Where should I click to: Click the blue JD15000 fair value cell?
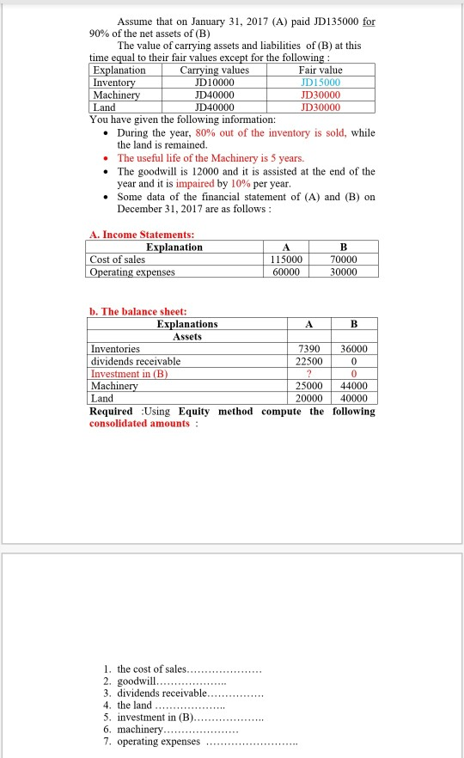click(x=321, y=83)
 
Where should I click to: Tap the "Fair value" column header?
click(x=321, y=70)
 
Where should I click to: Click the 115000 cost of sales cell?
click(x=286, y=260)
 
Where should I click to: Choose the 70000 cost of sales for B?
click(x=342, y=260)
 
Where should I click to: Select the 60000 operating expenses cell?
click(x=286, y=272)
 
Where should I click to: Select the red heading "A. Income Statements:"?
click(x=142, y=235)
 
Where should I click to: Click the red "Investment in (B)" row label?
click(x=130, y=374)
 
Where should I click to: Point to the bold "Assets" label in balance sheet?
click(x=186, y=337)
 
